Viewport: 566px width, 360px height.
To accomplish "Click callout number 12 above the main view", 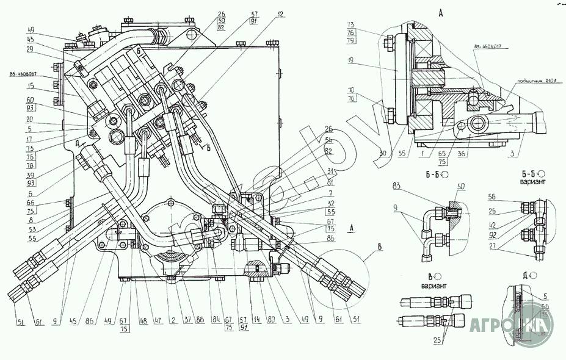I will pyautogui.click(x=280, y=13).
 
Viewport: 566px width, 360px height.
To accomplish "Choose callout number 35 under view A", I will pyautogui.click(x=402, y=154).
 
